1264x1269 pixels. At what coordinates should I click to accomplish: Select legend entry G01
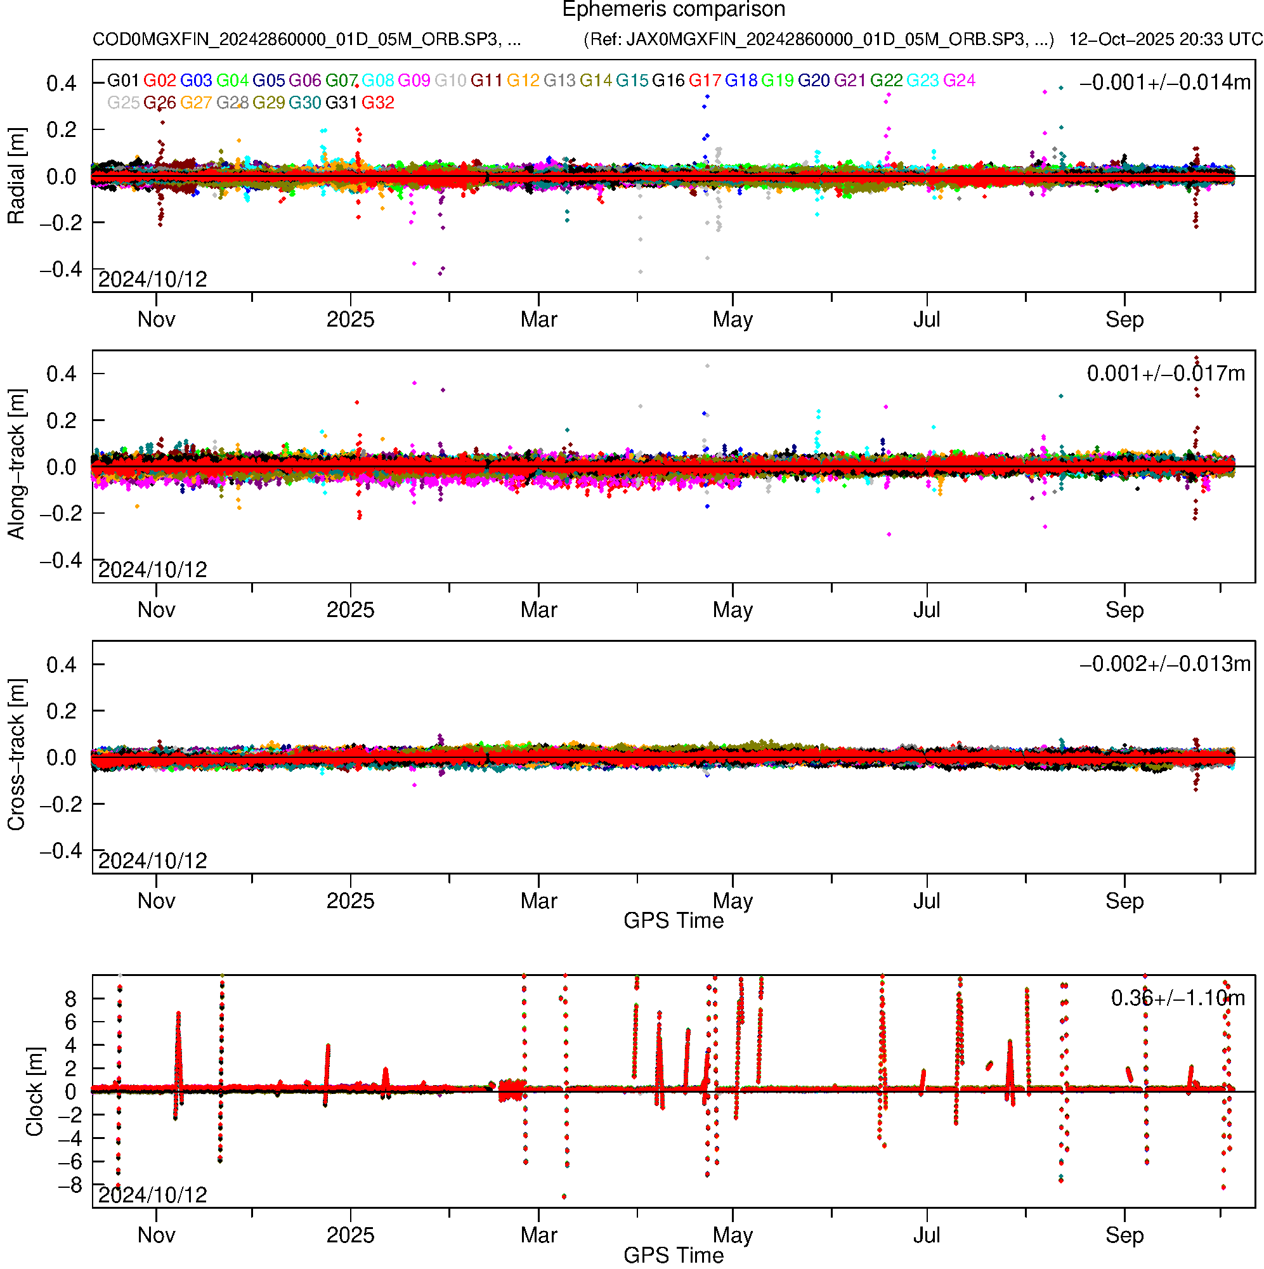(x=123, y=81)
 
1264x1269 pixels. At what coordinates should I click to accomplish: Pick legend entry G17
(x=705, y=81)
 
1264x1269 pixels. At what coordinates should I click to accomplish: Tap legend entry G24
(x=959, y=81)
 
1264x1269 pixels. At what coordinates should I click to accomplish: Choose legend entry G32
(x=378, y=103)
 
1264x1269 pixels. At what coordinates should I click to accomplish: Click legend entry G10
(x=451, y=81)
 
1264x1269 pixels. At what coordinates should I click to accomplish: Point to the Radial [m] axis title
(x=16, y=176)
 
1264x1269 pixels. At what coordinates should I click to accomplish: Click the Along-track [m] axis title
(x=16, y=465)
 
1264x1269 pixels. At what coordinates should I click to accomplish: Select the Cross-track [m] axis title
(x=16, y=755)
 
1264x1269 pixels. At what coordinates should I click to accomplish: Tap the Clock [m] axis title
(x=34, y=1091)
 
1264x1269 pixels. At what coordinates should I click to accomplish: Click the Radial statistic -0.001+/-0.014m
(x=1164, y=82)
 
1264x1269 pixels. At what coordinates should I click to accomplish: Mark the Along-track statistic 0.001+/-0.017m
(x=1166, y=374)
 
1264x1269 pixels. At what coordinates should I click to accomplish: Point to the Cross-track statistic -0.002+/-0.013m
(x=1164, y=665)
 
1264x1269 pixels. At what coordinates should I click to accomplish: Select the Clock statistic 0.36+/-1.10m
(x=1177, y=998)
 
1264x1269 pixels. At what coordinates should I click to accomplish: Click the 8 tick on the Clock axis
(x=70, y=999)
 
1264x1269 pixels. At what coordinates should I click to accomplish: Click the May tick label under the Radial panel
(x=733, y=320)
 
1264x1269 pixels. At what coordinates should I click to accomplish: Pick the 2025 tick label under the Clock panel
(x=350, y=1235)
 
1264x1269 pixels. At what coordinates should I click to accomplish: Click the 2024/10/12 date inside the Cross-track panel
(x=152, y=861)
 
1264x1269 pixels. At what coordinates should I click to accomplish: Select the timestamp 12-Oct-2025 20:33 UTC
(x=1165, y=39)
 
